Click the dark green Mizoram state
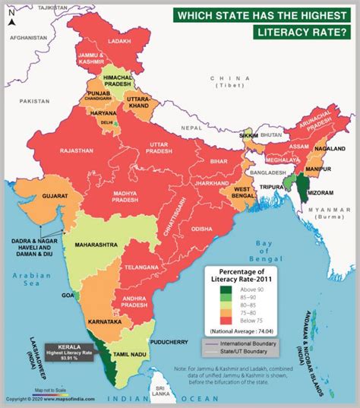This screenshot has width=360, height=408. point(305,183)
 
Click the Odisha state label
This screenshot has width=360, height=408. point(201,227)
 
